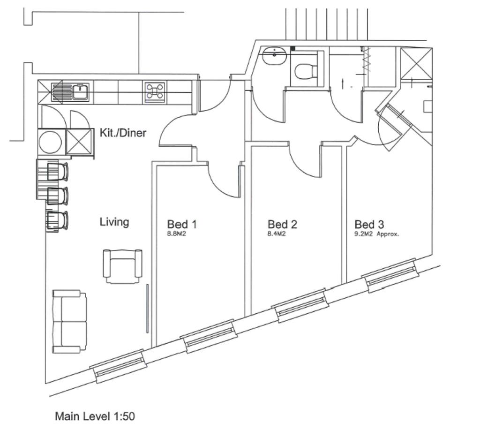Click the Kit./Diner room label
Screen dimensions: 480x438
[123, 133]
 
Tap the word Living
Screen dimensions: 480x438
[114, 222]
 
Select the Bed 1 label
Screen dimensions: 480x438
[182, 224]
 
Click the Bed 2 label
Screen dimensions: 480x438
[282, 224]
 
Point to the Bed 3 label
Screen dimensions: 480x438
[369, 224]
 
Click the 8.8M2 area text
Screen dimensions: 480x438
[177, 234]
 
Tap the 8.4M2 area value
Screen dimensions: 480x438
[277, 234]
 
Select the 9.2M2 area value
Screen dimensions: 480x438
[364, 234]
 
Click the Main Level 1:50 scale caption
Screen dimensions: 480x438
[95, 416]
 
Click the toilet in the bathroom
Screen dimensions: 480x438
[306, 71]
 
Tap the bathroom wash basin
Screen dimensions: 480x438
[275, 56]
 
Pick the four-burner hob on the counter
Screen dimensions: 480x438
[155, 91]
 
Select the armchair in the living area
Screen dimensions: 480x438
[123, 266]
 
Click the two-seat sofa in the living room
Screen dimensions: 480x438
[69, 321]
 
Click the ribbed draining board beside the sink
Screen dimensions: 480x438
[61, 91]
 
